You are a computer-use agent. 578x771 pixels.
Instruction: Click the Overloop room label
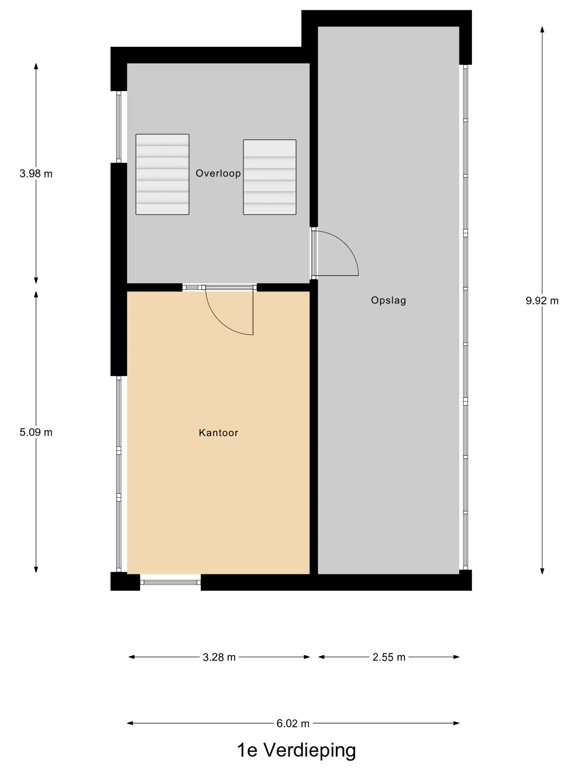[x=218, y=173]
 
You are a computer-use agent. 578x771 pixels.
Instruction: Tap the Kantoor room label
[x=219, y=433]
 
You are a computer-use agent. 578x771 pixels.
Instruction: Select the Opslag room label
[x=388, y=300]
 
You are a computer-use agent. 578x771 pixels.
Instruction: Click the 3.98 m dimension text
[x=36, y=173]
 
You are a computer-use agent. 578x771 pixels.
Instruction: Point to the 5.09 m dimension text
[x=36, y=432]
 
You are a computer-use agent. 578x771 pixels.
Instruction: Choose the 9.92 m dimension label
[x=542, y=301]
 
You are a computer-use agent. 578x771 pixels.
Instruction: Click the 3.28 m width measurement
[x=219, y=657]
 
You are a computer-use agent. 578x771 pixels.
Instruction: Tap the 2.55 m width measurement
[x=389, y=657]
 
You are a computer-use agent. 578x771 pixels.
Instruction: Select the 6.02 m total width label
[x=293, y=724]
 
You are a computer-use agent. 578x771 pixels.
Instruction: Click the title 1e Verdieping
[x=296, y=750]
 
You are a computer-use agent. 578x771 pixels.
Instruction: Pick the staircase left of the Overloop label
[x=162, y=174]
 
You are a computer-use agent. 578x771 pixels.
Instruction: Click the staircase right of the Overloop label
[x=270, y=177]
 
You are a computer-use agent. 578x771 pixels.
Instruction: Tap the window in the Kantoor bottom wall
[x=170, y=582]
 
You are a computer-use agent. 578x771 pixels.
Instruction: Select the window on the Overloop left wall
[x=119, y=127]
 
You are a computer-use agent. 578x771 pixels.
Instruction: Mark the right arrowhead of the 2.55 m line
[x=456, y=657]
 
